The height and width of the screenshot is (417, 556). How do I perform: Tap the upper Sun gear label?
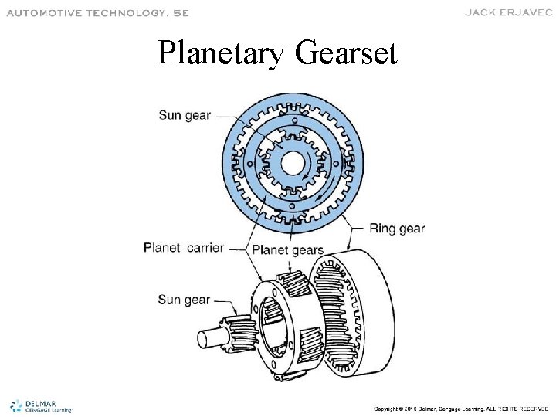(185, 116)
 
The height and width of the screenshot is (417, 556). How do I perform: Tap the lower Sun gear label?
(184, 299)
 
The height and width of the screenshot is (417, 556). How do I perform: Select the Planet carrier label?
(184, 248)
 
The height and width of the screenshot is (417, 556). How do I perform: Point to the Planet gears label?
(288, 249)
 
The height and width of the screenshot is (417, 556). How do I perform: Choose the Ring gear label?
(396, 228)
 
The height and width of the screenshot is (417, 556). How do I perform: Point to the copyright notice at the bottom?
(460, 407)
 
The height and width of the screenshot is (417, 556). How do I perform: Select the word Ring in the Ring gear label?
(381, 228)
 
